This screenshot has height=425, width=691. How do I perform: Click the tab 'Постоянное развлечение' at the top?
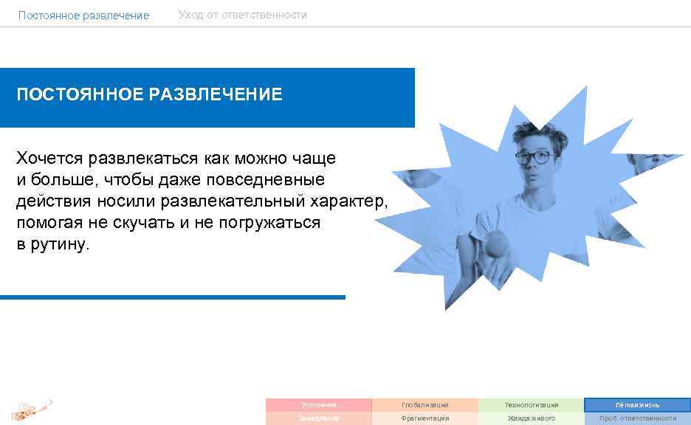tap(83, 15)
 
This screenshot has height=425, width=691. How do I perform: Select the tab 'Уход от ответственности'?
tap(242, 15)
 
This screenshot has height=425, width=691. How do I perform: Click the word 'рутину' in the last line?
tap(61, 245)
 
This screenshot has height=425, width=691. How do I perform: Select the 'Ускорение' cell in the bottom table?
tap(319, 405)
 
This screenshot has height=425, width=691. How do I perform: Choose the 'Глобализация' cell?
tap(425, 405)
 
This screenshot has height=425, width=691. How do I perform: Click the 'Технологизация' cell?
tap(532, 405)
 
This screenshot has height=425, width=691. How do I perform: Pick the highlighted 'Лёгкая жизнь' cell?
tap(637, 405)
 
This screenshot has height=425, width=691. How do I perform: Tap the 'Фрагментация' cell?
tap(425, 418)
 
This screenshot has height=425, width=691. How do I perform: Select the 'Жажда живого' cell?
tap(532, 418)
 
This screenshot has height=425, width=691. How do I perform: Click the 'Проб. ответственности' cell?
tap(637, 418)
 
